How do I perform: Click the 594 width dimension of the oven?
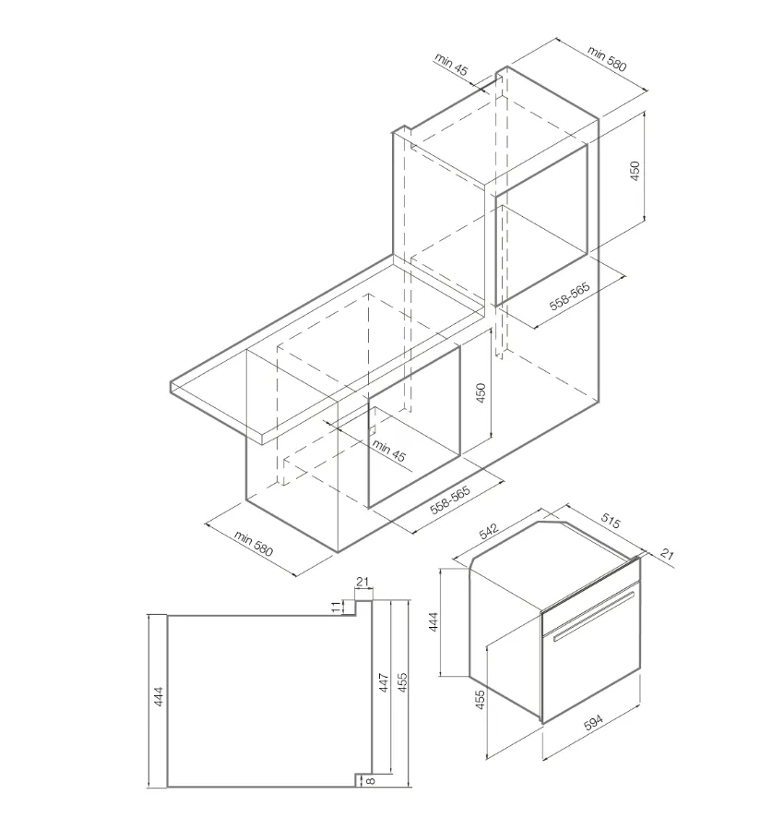[592, 723]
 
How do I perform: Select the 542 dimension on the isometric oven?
[489, 530]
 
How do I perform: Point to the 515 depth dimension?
[611, 521]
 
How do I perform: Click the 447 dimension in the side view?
[384, 682]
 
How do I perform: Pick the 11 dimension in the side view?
[337, 607]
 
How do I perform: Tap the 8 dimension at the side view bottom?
[371, 781]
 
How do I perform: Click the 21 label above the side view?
[362, 582]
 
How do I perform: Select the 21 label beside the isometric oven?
[667, 553]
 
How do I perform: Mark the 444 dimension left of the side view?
[159, 696]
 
